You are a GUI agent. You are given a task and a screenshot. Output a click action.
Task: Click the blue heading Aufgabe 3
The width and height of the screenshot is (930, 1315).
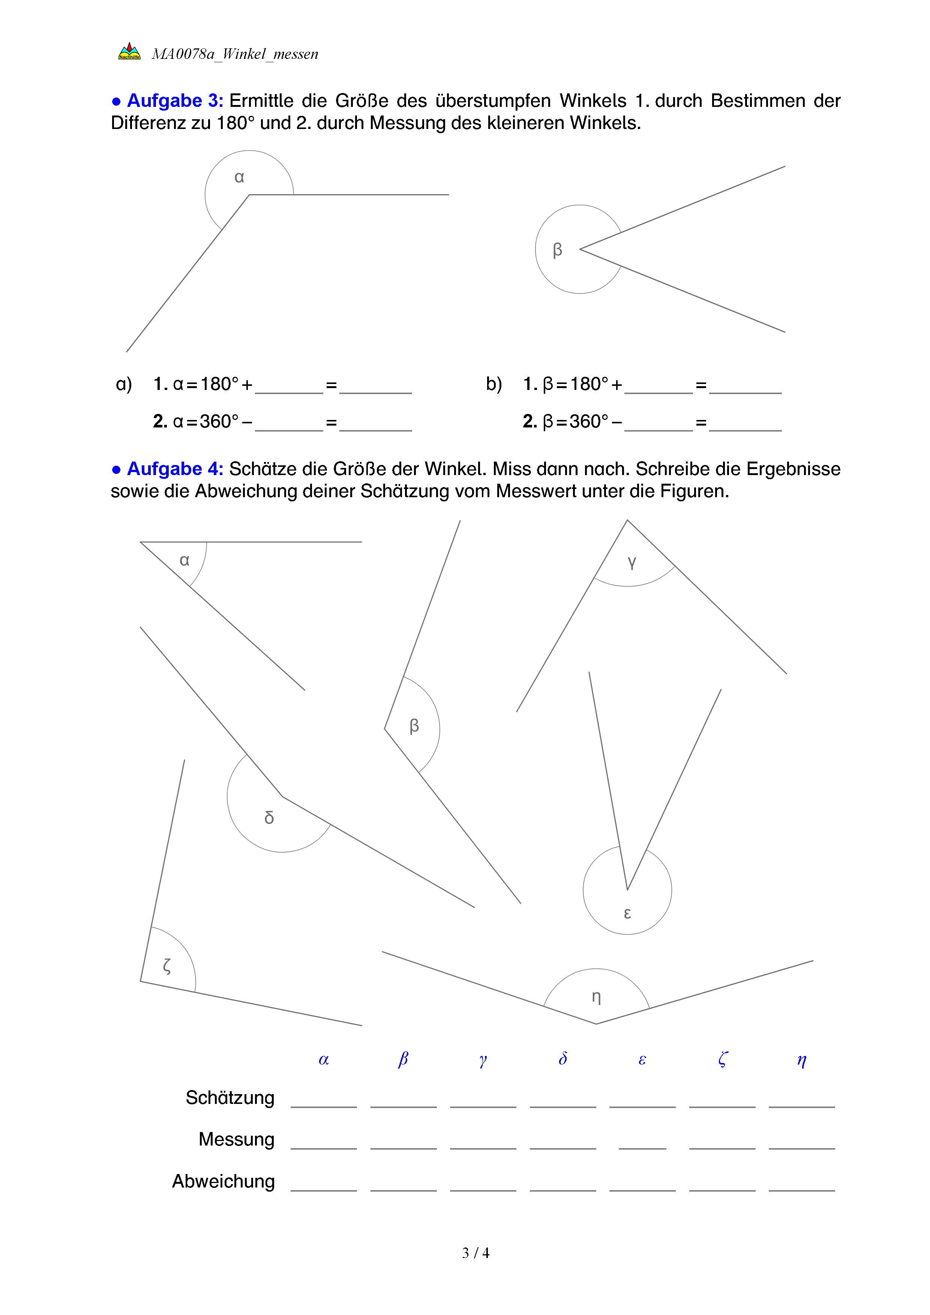(x=175, y=101)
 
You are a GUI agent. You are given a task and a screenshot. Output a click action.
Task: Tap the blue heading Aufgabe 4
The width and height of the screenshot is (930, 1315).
(x=175, y=469)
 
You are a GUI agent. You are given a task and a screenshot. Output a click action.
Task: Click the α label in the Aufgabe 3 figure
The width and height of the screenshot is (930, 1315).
(x=239, y=178)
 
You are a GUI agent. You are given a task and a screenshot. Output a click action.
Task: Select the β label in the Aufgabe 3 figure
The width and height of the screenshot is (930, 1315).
(x=557, y=250)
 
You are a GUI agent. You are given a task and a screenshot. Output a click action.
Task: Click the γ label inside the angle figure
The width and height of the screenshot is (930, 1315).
(x=631, y=562)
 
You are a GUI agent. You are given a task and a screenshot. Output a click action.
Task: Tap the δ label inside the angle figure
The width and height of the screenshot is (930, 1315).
(x=269, y=817)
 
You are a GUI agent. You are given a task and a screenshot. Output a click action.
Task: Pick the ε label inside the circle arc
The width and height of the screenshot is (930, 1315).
(x=627, y=913)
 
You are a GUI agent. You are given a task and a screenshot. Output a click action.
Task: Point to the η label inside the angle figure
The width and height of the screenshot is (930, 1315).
(x=596, y=997)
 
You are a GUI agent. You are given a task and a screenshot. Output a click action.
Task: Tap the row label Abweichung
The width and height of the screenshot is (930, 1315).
(x=223, y=1181)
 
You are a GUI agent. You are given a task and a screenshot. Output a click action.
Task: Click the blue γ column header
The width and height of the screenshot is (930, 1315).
(x=483, y=1060)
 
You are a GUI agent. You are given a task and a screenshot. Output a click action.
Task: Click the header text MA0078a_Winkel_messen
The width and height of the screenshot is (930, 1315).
(x=235, y=54)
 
